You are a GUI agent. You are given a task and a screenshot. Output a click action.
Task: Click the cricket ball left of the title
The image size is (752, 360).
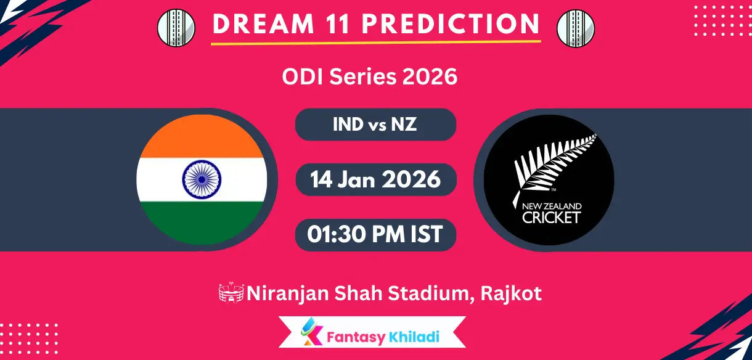point(176,27)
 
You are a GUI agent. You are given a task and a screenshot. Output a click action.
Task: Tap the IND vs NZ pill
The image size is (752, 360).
point(375,125)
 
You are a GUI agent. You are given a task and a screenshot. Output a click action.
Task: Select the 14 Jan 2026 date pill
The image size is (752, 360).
point(375,179)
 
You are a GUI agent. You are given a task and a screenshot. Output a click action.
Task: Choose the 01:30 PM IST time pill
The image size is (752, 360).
point(375,234)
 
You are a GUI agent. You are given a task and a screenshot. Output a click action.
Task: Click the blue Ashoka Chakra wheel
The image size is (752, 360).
point(202,179)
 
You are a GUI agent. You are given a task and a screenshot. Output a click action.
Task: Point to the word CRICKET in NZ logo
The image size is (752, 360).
point(551,217)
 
